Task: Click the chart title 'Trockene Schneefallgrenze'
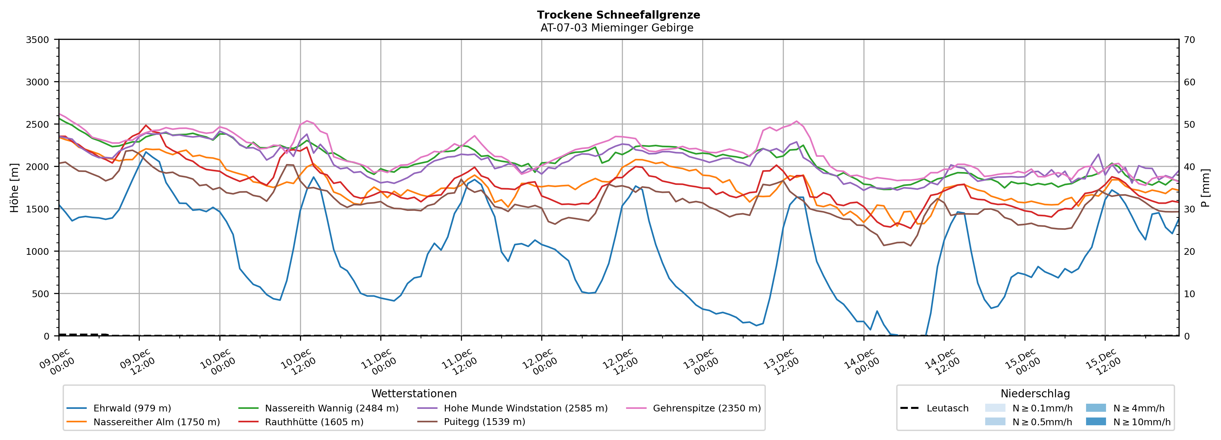618,15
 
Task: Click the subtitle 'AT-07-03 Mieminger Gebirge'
617,28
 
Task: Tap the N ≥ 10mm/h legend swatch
1095,421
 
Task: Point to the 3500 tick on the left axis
38,40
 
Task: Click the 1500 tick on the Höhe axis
38,209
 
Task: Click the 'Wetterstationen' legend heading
414,393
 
